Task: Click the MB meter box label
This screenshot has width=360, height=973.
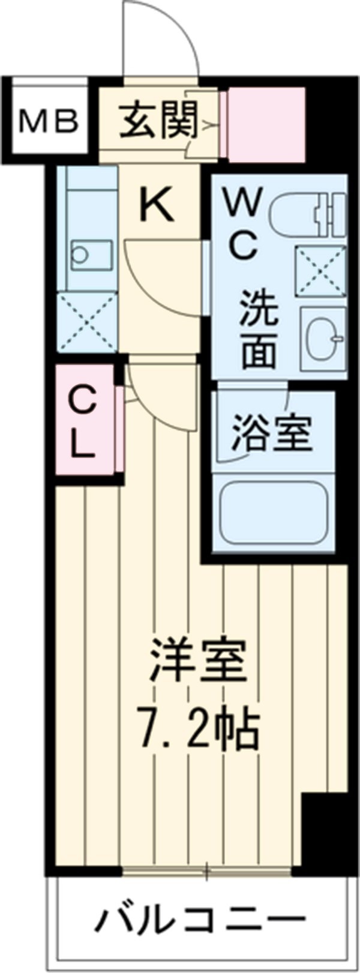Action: click(x=49, y=122)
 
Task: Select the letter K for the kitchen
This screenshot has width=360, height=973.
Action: click(x=157, y=205)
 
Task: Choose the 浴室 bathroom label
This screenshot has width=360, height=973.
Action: click(x=273, y=432)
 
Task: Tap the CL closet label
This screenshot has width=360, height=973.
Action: click(x=83, y=422)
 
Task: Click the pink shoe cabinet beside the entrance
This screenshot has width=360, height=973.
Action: click(x=266, y=125)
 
